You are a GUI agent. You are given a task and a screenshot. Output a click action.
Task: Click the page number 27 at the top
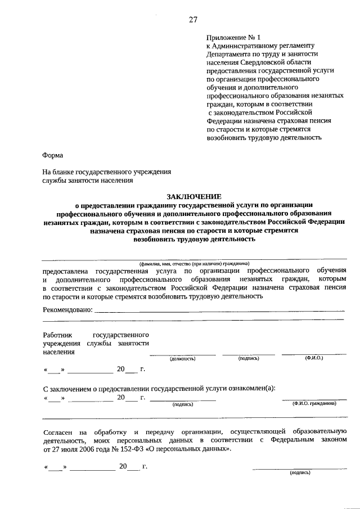click(192, 20)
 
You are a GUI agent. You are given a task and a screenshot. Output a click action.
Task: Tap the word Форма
click(53, 155)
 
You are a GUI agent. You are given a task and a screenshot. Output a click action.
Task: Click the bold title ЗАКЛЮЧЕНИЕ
click(193, 196)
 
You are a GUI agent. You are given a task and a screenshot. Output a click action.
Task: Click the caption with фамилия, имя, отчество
click(193, 263)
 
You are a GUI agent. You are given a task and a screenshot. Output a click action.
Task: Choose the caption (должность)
click(182, 358)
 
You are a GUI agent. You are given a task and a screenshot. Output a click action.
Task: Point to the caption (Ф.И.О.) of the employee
click(313, 358)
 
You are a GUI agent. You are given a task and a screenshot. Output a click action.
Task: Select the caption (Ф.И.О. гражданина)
click(314, 403)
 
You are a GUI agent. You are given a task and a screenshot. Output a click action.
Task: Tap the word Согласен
click(58, 431)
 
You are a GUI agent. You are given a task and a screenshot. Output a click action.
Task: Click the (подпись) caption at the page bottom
click(299, 473)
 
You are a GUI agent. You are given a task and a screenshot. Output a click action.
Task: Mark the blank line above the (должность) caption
click(182, 354)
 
